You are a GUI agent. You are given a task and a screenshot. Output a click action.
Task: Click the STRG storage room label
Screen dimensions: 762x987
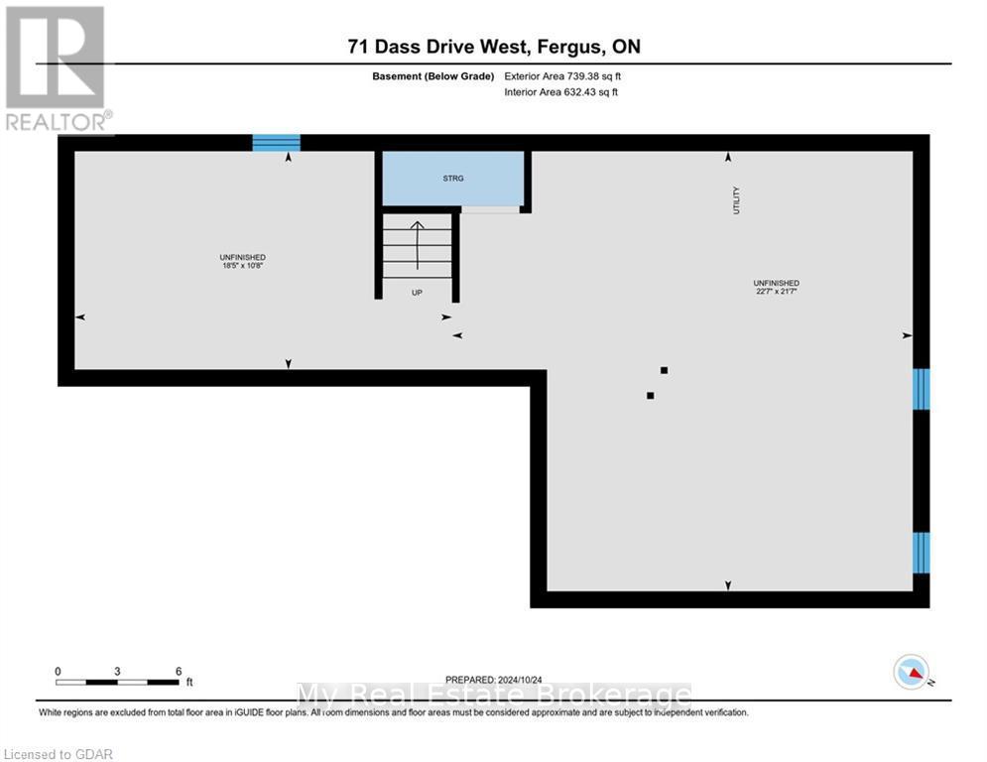click(x=453, y=179)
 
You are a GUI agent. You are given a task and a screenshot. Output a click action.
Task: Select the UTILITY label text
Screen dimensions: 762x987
click(x=736, y=201)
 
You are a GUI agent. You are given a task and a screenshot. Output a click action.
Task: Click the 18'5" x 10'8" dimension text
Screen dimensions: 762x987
click(x=243, y=266)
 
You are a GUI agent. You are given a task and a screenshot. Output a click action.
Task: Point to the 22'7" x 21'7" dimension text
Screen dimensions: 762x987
click(x=777, y=291)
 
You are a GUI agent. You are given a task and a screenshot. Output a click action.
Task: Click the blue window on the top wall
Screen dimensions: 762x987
click(x=276, y=143)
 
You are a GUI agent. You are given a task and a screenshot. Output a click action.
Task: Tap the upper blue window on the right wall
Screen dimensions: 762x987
click(x=922, y=389)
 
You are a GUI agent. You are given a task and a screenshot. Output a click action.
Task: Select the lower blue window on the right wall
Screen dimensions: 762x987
click(x=922, y=553)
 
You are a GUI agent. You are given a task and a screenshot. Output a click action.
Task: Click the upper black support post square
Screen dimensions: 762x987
click(x=664, y=370)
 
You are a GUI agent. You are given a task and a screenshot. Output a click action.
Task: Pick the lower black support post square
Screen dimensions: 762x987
click(x=651, y=396)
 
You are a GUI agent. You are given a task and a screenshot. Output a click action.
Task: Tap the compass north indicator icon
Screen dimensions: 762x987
click(x=910, y=673)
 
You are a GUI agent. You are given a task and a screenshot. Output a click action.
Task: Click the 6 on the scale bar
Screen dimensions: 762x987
click(x=179, y=671)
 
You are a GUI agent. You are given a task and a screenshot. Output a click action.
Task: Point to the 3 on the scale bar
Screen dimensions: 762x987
click(x=117, y=671)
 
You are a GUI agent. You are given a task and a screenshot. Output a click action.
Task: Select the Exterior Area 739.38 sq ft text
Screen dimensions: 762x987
click(x=562, y=75)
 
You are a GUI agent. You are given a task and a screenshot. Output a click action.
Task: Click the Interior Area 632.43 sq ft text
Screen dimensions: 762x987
click(x=562, y=92)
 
